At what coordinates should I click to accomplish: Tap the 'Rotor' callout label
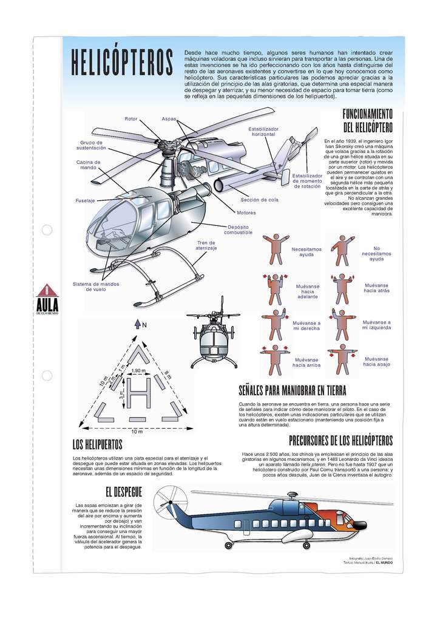coord(131,118)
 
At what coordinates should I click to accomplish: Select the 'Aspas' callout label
coord(169,118)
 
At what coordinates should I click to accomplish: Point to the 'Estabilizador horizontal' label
coord(263,132)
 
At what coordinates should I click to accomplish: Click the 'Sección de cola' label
coord(259,200)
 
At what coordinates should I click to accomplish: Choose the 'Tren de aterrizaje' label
coord(206,246)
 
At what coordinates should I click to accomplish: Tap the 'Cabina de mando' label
coord(89,165)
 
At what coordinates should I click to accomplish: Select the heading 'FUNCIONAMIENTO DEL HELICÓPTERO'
coord(368,121)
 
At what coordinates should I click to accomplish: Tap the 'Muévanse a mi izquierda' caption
coord(376,325)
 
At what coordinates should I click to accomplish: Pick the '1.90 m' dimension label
coord(138,370)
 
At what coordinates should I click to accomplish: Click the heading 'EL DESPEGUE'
coord(123,491)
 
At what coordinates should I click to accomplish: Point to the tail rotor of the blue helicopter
coord(165,501)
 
